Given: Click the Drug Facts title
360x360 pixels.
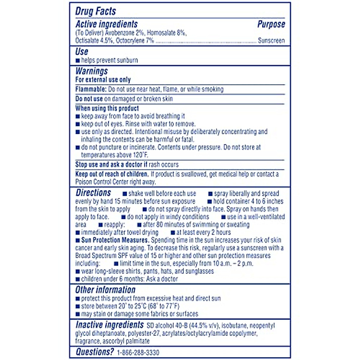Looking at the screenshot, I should pos(95,11).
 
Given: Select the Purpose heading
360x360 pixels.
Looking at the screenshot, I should pos(271,24).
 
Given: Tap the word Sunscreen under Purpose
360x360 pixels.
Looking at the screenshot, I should pos(271,40).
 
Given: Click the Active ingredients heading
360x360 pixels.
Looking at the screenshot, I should pos(106,24).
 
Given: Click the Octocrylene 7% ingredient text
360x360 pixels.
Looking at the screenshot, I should pos(135,41).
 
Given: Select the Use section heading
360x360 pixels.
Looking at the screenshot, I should pos(82,52).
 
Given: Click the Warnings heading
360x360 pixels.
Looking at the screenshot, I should pos(91,71).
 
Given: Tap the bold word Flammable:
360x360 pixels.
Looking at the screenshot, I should pos(91,89).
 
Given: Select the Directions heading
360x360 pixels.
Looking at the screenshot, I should pos(93,193).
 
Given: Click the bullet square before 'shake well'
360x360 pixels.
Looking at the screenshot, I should pos(125,194).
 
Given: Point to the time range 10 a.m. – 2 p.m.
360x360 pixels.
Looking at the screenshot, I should pos(233,264).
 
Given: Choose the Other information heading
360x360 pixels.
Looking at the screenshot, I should pos(105,290).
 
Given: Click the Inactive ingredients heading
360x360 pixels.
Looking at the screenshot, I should pos(109,325).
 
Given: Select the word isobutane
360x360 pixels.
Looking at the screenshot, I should pos(234,326).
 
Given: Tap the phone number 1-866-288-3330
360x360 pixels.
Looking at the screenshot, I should pos(138,352).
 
